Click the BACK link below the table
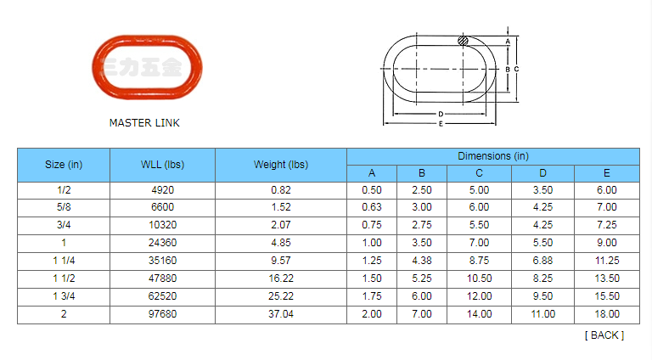pos(604,335)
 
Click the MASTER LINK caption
pos(144,123)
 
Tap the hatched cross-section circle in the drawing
pos(463,40)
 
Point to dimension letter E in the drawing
pos(441,123)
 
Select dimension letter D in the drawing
pos(441,114)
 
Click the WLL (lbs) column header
pos(162,165)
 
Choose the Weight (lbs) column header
pos(281,165)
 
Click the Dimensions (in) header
pos(493,156)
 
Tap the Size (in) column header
pos(64,165)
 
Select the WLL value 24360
pos(163,243)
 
